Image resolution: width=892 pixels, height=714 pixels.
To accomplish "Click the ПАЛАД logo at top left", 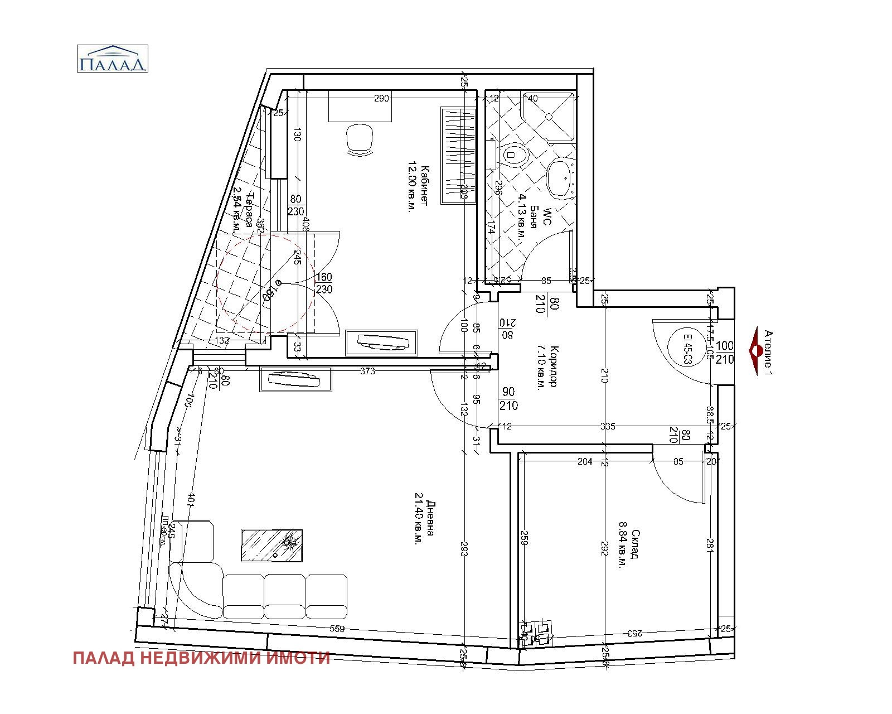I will pos(112,59).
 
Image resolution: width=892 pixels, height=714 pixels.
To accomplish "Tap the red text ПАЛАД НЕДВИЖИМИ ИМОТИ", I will pos(201,659).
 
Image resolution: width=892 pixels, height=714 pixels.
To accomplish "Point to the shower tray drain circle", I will pos(549,117).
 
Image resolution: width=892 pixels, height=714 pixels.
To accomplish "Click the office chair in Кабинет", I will pos(359,139).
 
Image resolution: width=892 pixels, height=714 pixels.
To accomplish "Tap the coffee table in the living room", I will pos(272,545).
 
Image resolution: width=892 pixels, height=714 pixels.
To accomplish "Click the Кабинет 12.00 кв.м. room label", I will pos(418,187).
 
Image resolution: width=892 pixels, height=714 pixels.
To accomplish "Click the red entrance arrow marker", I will pos(757,351).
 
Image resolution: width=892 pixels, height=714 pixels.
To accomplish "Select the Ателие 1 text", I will pos(769,351).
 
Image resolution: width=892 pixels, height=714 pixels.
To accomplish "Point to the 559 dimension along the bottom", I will pos(337,629).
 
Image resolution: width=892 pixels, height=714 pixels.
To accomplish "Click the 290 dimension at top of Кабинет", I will pos(381,99).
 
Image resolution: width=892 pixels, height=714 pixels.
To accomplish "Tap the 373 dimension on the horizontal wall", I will pos(367,371).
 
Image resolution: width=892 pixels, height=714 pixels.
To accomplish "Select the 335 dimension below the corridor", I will pos(608,426).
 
